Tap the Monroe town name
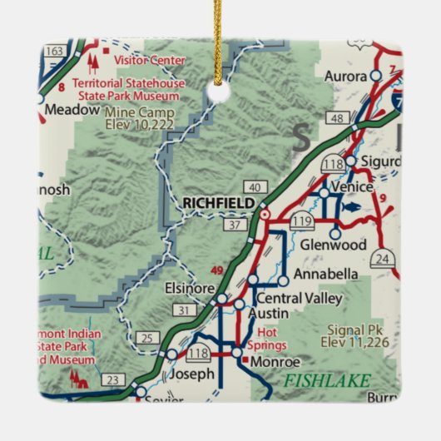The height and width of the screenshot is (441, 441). pyautogui.click(x=275, y=362)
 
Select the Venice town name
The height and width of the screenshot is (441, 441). pyautogui.click(x=349, y=187)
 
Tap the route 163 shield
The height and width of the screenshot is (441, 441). pyautogui.click(x=55, y=51)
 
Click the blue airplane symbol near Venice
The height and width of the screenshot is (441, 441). pyautogui.click(x=352, y=207)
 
